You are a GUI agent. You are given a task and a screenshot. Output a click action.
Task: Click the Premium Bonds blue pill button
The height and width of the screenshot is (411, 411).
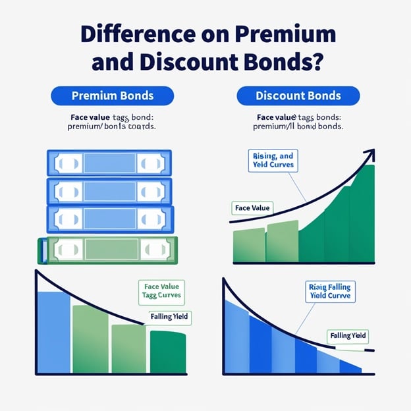click(x=112, y=96)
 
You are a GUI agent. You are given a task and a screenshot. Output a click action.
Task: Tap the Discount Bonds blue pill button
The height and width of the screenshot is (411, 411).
click(x=298, y=96)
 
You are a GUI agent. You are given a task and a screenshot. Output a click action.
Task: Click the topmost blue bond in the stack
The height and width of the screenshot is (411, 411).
click(x=109, y=162)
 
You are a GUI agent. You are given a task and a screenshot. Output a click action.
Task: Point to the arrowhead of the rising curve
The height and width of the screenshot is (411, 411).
click(x=371, y=155)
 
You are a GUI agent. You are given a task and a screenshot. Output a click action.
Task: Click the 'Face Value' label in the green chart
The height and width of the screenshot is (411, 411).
click(x=252, y=208)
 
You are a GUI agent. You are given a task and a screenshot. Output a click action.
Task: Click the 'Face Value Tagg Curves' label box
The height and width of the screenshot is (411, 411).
click(x=161, y=290)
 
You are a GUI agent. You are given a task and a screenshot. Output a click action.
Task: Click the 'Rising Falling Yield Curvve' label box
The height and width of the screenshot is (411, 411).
click(x=329, y=292)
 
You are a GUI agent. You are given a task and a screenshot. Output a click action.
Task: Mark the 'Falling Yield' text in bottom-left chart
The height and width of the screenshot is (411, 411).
click(x=169, y=317)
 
